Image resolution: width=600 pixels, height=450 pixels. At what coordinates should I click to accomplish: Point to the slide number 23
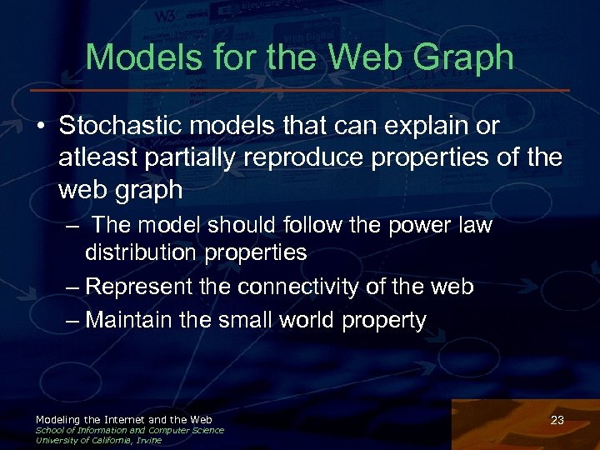(x=557, y=421)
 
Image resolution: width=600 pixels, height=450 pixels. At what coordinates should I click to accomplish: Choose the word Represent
(x=142, y=287)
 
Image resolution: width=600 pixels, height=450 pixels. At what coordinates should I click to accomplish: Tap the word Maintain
(x=127, y=319)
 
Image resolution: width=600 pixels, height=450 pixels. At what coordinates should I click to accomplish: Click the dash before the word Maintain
(x=73, y=320)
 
